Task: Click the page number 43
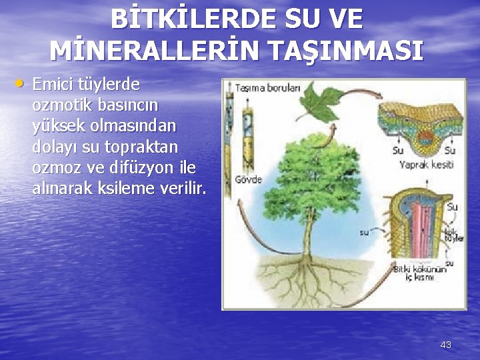click(x=446, y=344)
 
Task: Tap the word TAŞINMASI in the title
click(x=346, y=51)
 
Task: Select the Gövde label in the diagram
click(x=248, y=179)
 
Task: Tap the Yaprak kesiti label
click(x=426, y=164)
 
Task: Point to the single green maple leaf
click(x=318, y=105)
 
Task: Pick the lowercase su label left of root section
click(x=364, y=232)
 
